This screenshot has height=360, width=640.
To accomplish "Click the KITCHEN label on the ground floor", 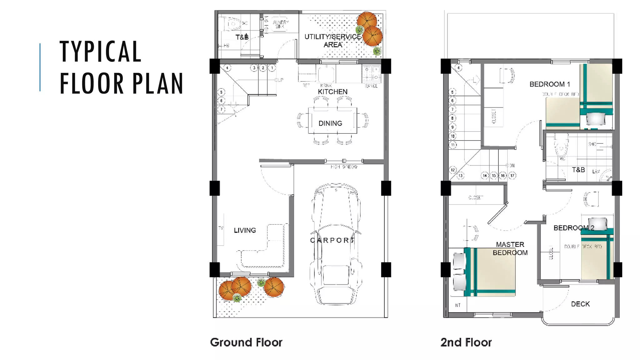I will tap(332, 92).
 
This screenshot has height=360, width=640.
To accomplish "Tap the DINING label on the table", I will tap(330, 123).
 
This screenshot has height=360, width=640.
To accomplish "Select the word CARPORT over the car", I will tap(332, 240).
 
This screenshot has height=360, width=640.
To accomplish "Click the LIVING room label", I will tap(245, 230).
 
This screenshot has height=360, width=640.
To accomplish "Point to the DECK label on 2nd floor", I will tap(580, 304).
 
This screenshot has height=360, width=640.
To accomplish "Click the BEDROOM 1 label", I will tap(550, 84).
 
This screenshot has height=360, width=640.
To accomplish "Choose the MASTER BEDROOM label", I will tap(510, 248).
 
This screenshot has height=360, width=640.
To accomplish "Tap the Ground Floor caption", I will tap(246, 342).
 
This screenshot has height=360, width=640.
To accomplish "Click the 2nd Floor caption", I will tap(466, 342).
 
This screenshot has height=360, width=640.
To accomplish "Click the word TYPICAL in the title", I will tap(101, 52).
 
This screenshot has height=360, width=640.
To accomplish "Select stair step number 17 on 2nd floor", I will tap(512, 176).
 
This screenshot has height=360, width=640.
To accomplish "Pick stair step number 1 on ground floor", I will tap(272, 68).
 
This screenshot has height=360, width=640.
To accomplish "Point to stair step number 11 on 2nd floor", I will tap(453, 145).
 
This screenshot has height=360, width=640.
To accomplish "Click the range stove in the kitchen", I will tap(372, 74).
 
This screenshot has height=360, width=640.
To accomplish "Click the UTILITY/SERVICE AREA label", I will tap(333, 41).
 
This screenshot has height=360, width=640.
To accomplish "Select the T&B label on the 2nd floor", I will tap(578, 170).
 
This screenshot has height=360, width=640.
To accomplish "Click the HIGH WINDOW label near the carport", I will tap(344, 167).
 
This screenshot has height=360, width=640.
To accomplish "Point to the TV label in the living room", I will tap(221, 228).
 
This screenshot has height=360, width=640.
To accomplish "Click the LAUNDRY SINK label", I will tap(280, 24).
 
